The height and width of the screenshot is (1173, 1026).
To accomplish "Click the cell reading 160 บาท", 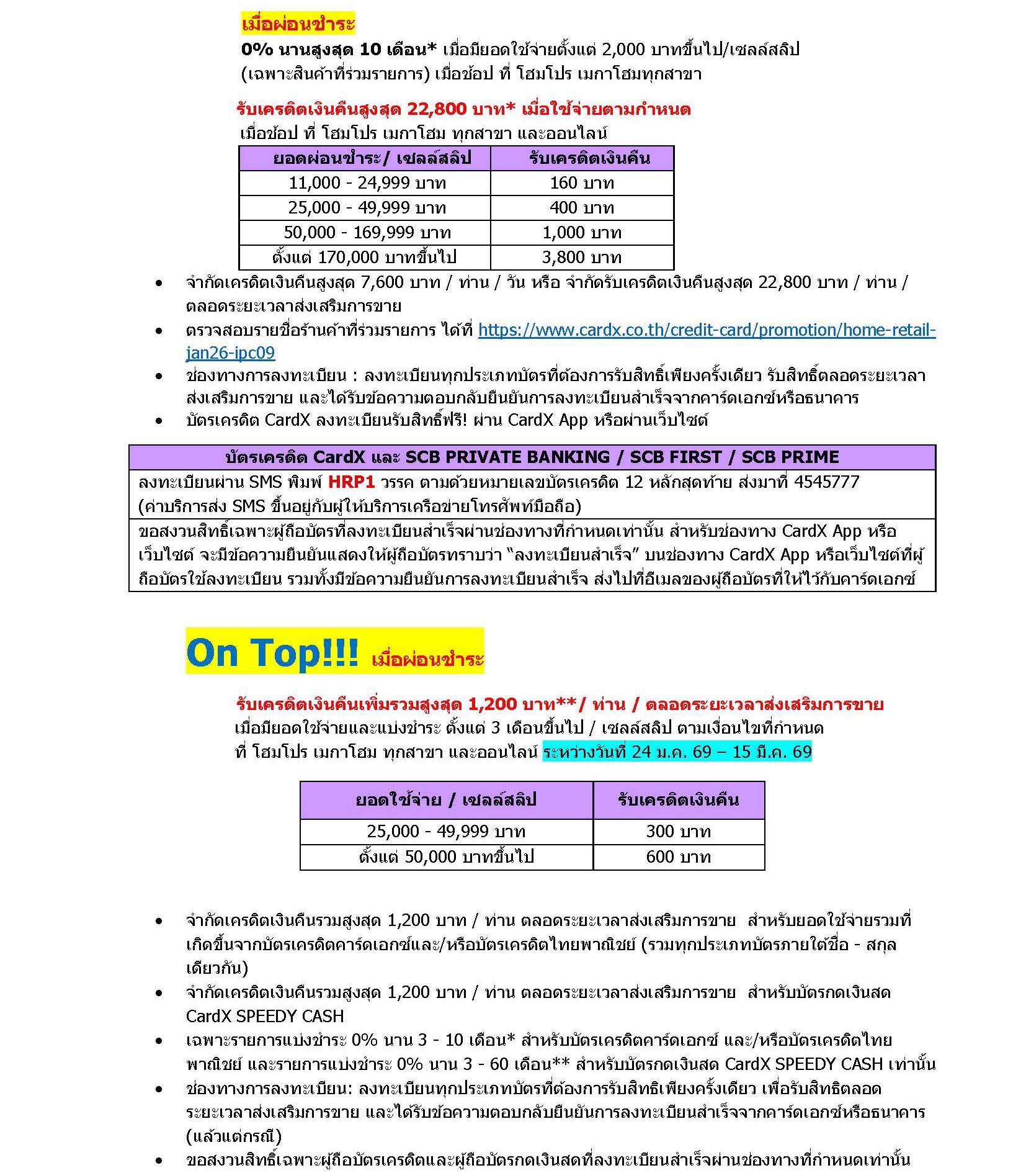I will click(581, 183).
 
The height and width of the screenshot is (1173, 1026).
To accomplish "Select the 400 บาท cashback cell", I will click(581, 208).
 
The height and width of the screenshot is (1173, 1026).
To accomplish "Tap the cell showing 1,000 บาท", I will click(581, 233).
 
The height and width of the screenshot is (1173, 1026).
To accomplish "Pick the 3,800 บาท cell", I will click(581, 257).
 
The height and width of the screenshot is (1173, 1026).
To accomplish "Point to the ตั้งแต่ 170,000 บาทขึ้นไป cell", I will click(364, 257).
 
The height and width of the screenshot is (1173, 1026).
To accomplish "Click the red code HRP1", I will click(351, 482).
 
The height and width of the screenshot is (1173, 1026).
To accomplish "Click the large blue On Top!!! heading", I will click(272, 653).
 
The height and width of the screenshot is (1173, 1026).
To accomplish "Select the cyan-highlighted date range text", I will click(677, 752).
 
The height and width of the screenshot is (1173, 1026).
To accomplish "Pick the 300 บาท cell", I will click(678, 832).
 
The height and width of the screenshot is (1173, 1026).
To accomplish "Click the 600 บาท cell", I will click(678, 857).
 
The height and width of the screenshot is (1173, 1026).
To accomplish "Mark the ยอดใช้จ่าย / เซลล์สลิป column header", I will click(445, 799).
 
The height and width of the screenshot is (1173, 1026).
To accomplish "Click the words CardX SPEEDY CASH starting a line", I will click(265, 1015).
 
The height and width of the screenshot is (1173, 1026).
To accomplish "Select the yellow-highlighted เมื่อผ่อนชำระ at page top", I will click(298, 24).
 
